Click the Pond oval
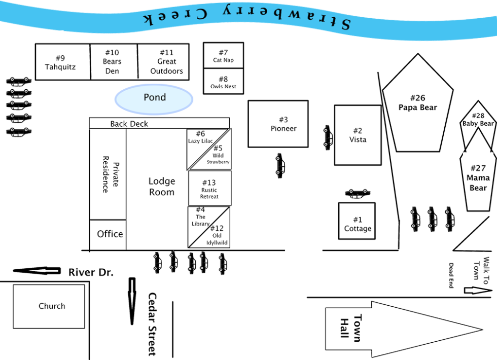coord(154,98)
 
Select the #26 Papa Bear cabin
coord(417,104)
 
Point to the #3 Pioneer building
coord(278,124)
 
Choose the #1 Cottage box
coord(357,224)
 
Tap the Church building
coord(49,306)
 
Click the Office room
coord(110,234)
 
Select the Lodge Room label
coord(161,187)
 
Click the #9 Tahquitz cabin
coord(62,62)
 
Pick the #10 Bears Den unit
coord(113,62)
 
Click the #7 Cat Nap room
coord(224,56)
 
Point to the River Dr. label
coord(91,273)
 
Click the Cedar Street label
coord(152,325)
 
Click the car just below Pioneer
coord(279,166)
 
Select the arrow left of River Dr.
coord(37,271)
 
